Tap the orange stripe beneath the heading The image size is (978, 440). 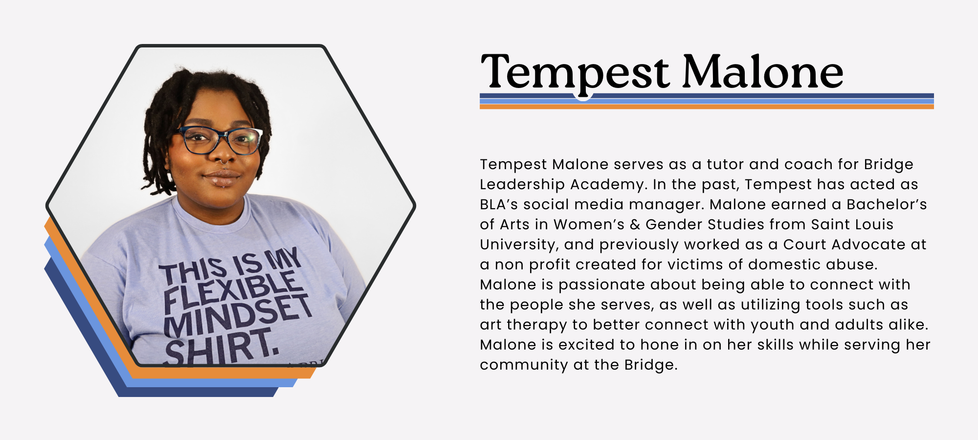707,107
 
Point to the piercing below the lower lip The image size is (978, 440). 222,185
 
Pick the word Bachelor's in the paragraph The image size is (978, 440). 887,204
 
